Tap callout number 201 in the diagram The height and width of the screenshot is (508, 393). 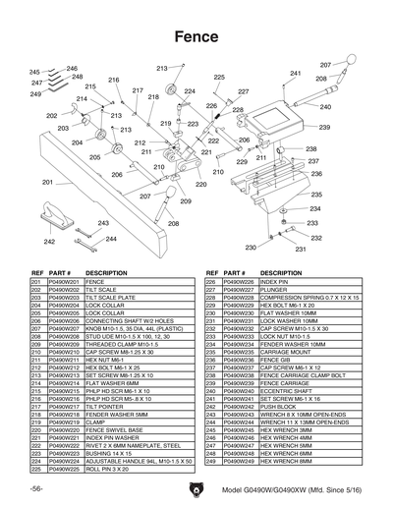pyautogui.click(x=47, y=182)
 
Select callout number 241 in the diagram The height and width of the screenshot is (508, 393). pyautogui.click(x=296, y=74)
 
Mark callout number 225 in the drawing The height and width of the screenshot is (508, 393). pyautogui.click(x=219, y=77)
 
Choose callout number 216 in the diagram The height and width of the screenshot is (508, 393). pyautogui.click(x=114, y=80)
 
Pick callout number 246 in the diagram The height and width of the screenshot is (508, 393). pyautogui.click(x=72, y=68)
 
